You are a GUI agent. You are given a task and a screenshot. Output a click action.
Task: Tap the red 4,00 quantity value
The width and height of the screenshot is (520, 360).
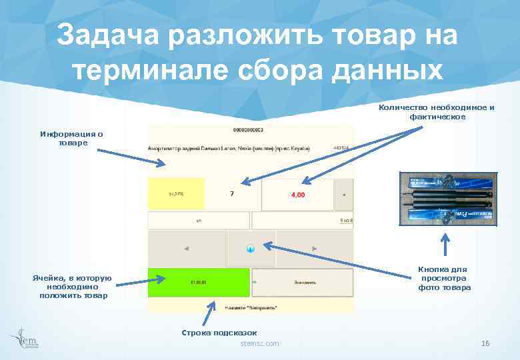[x=297, y=195]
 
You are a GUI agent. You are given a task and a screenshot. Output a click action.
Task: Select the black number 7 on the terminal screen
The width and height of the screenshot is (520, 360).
[x=231, y=195]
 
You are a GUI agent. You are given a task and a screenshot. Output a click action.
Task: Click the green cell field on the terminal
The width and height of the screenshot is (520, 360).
[x=199, y=282]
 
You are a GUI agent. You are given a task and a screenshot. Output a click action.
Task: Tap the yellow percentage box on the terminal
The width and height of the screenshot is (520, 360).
[x=175, y=195]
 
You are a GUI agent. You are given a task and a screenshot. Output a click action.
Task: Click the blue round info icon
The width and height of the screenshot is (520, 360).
[x=251, y=249]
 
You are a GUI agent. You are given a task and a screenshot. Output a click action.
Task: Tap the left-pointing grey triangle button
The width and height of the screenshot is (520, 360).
[x=186, y=249]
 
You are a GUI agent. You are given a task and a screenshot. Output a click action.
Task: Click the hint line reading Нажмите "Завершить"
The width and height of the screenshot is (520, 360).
[x=251, y=307]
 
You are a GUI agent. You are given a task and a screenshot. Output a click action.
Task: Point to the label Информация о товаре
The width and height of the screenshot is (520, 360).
[x=71, y=138]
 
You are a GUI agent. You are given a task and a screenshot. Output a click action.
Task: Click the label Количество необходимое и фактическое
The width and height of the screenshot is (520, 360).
[x=437, y=112]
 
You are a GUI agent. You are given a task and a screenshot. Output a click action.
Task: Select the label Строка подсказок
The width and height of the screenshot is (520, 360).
[x=219, y=332]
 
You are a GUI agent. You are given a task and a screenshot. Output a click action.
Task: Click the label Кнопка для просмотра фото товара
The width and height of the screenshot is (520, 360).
[x=444, y=278]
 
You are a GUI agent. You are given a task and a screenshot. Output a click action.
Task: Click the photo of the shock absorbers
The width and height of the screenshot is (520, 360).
[x=446, y=198]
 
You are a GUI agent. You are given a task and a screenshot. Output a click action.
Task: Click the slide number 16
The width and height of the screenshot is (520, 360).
[x=485, y=343]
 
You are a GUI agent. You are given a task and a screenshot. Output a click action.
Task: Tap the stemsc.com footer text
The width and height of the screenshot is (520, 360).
[x=260, y=343]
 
